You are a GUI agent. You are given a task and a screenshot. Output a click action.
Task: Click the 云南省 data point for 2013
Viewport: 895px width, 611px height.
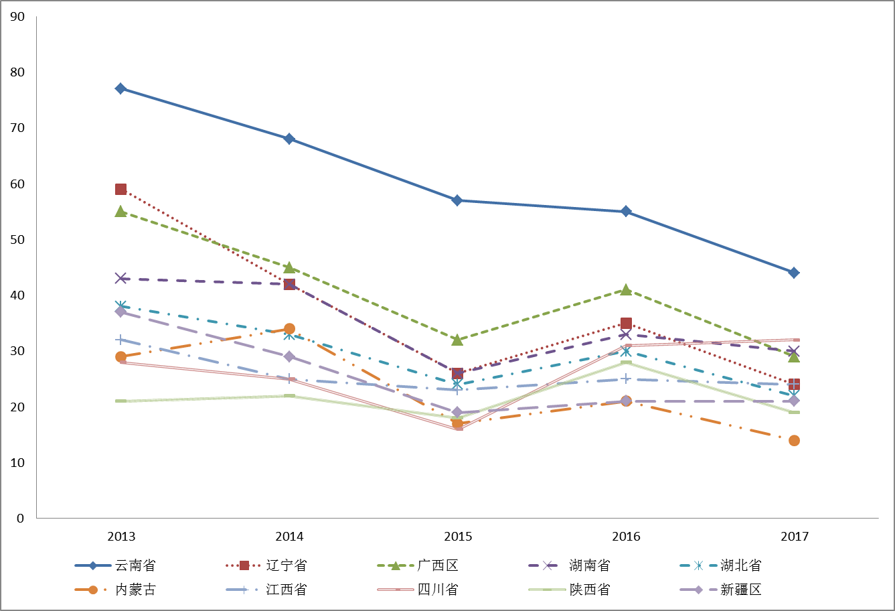(x=120, y=88)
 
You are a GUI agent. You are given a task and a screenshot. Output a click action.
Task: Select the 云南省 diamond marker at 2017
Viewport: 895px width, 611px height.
(x=794, y=273)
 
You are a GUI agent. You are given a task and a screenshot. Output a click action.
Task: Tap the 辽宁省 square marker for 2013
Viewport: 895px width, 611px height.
(x=120, y=189)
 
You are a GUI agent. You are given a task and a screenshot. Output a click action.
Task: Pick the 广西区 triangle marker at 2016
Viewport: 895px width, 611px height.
(x=626, y=289)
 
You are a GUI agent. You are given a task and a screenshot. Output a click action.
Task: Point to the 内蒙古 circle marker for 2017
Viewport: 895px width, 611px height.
(x=794, y=440)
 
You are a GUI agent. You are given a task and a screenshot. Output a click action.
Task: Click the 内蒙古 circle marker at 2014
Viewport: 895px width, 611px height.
(x=289, y=329)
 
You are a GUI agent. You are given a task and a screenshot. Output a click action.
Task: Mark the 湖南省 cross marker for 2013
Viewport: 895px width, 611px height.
(x=120, y=278)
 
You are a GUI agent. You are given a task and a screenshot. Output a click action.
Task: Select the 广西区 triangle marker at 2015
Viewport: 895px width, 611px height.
(x=457, y=340)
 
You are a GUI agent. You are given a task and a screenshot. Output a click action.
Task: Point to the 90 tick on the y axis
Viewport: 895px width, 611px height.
(x=17, y=16)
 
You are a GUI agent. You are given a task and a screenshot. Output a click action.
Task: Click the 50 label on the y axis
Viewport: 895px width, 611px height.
(x=17, y=239)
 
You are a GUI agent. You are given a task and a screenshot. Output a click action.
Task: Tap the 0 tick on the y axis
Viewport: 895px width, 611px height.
(x=21, y=518)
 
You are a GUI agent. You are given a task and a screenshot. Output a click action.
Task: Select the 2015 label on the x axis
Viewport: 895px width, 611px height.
(x=458, y=537)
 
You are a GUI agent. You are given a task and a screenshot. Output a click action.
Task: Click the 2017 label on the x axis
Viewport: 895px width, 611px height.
(x=795, y=537)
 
